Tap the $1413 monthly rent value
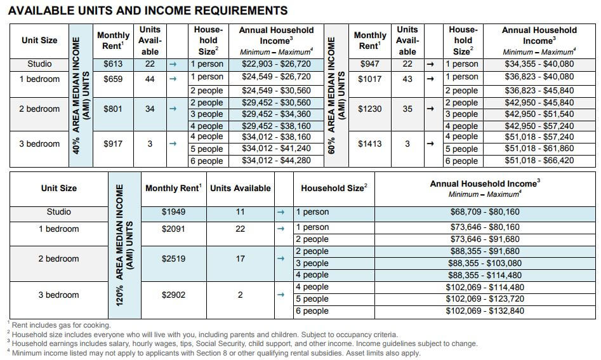pyautogui.click(x=369, y=143)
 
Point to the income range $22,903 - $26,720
pyautogui.click(x=276, y=64)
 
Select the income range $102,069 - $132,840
pyautogui.click(x=485, y=310)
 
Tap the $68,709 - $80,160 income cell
pyautogui.click(x=485, y=212)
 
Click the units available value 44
pyautogui.click(x=150, y=79)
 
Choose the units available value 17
pyautogui.click(x=240, y=259)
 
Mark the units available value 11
pyautogui.click(x=240, y=212)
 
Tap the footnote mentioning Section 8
pyautogui.click(x=213, y=353)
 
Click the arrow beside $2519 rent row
pyautogui.click(x=281, y=259)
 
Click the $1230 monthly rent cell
pyautogui.click(x=369, y=109)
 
